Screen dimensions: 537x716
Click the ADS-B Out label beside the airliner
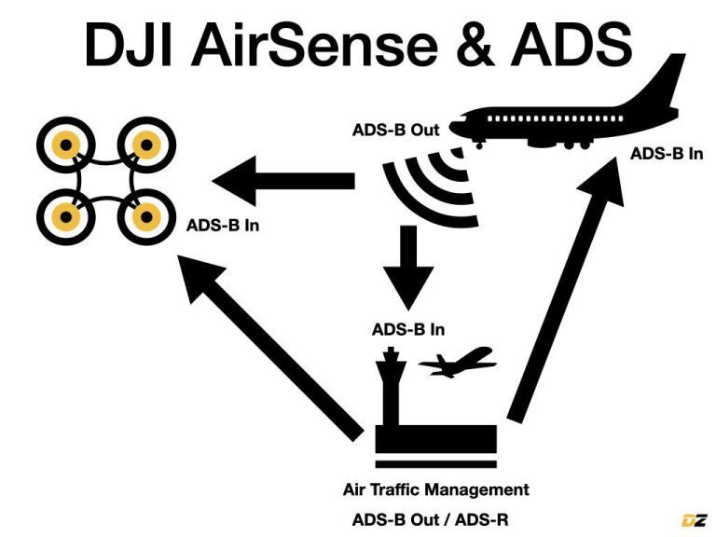pos(395,130)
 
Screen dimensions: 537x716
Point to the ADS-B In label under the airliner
pos(667,153)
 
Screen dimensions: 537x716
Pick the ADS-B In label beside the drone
pos(222,226)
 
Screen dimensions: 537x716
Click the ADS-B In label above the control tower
pos(407,329)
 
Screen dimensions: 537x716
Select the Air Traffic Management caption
pos(435,489)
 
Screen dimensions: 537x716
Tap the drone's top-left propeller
pos(62,145)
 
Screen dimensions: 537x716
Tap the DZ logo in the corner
pos(694,519)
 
